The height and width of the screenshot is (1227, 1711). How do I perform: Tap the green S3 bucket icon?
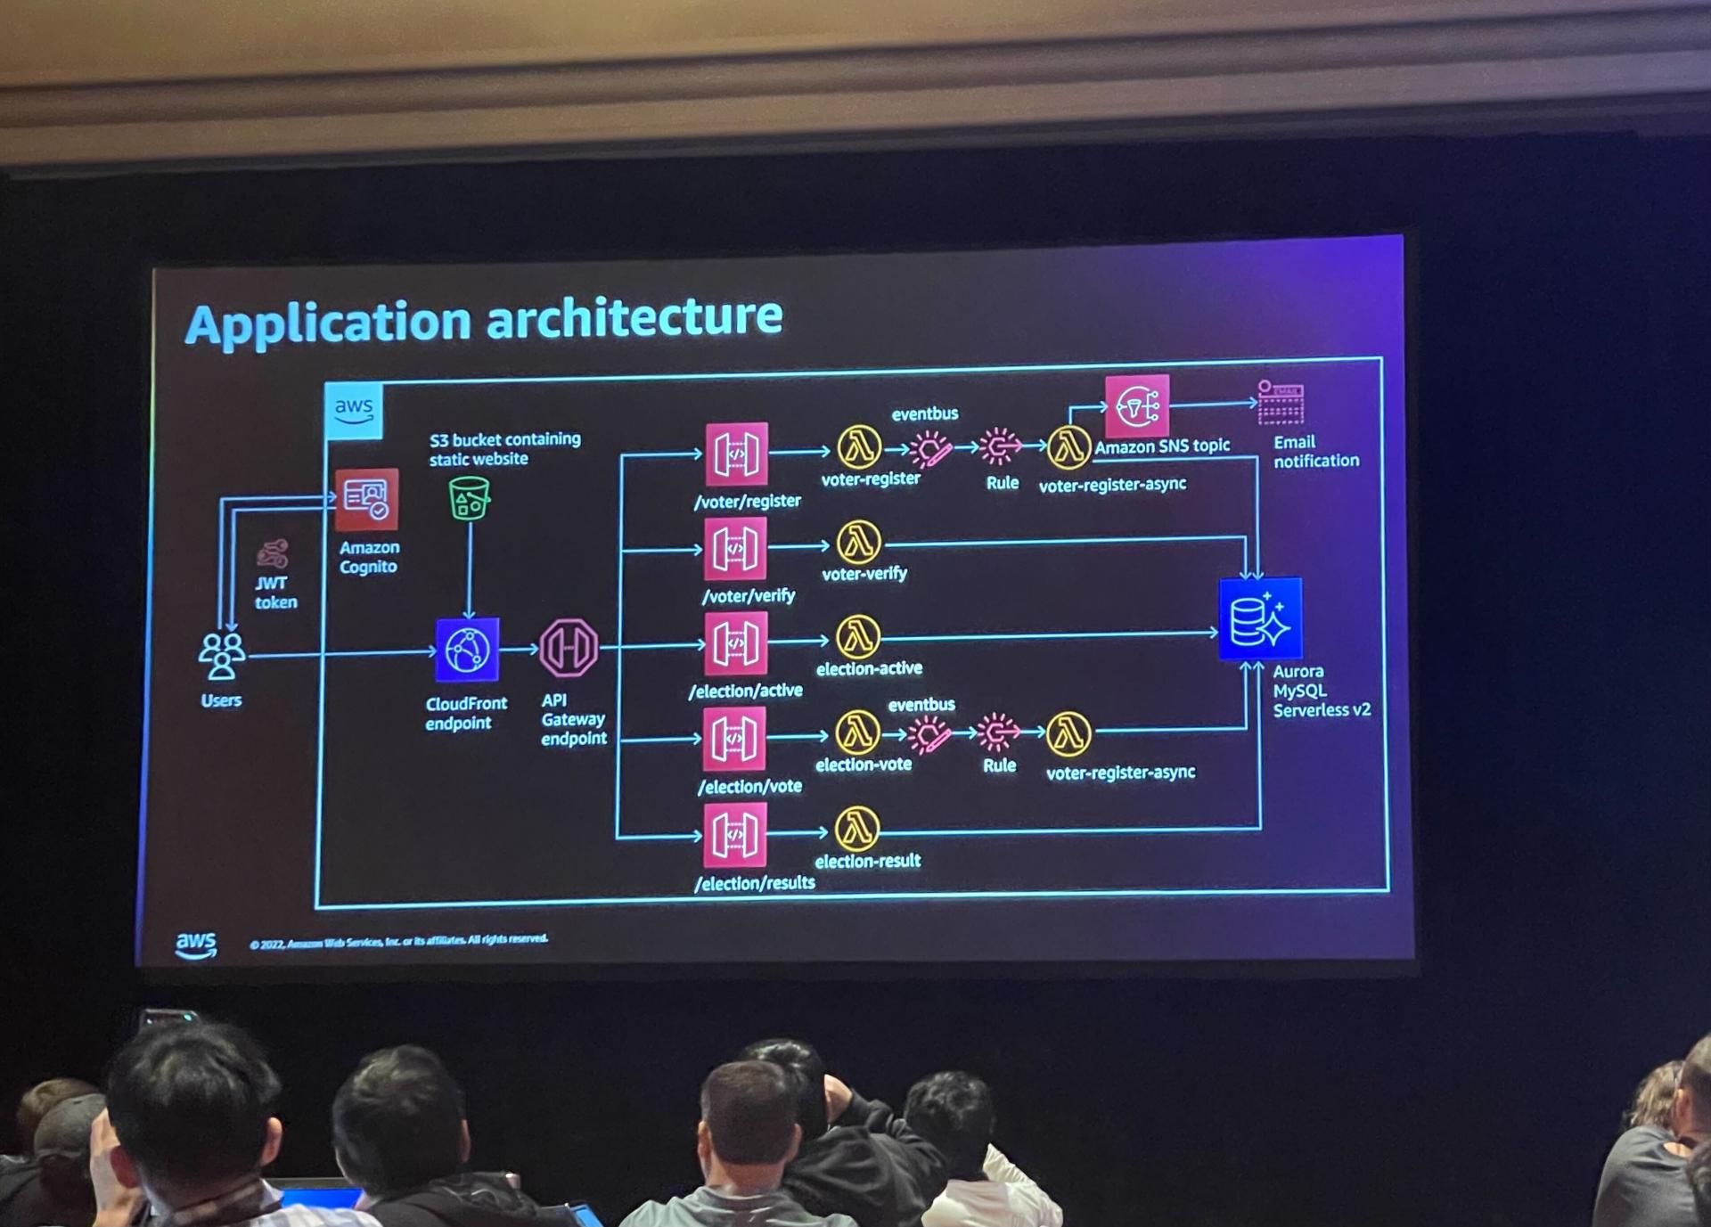(x=469, y=498)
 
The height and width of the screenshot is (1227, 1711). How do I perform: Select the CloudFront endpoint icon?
(x=467, y=650)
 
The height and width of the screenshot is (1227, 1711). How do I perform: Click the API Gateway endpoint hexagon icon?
(x=569, y=648)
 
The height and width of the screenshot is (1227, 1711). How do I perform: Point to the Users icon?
(x=221, y=657)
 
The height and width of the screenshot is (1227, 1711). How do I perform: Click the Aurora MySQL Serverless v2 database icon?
(x=1260, y=619)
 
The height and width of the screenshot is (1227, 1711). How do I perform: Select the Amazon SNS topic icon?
(x=1136, y=407)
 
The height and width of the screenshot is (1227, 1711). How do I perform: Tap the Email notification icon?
(x=1281, y=403)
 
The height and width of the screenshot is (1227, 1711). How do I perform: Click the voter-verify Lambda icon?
(x=859, y=542)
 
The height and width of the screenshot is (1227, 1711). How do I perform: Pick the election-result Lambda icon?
(x=857, y=830)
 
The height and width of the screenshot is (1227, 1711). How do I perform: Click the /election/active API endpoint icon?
(x=735, y=643)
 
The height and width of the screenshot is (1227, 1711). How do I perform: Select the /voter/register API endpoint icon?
(x=736, y=454)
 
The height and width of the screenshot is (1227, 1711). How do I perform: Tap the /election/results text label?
(x=755, y=883)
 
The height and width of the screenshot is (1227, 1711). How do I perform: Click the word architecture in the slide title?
(x=634, y=318)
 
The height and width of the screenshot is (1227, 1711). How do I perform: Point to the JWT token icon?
(x=273, y=553)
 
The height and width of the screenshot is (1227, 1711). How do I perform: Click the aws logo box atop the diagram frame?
(x=354, y=411)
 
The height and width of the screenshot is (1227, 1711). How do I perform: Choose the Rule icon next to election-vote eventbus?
(x=997, y=732)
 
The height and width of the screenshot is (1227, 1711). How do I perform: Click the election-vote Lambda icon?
(x=857, y=732)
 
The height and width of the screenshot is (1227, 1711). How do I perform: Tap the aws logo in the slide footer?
(x=196, y=945)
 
